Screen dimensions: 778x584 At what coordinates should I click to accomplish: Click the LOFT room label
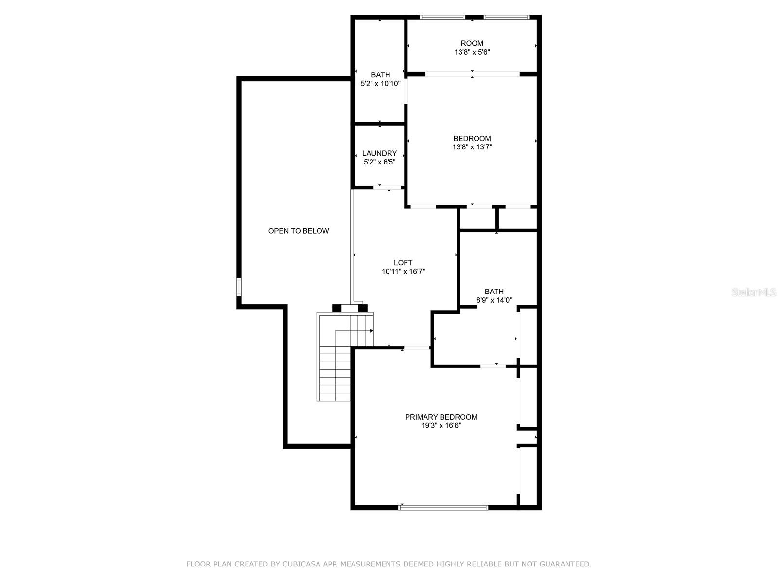[403, 263]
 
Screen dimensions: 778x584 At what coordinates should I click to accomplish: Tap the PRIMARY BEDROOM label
[441, 417]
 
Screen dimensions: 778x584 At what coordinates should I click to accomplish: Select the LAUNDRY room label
[379, 153]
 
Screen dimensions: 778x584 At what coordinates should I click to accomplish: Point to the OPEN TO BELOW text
[299, 231]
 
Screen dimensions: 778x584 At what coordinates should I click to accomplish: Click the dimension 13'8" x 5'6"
[472, 52]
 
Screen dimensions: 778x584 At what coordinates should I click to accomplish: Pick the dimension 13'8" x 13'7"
[472, 147]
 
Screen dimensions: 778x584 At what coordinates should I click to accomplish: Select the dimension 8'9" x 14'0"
[494, 300]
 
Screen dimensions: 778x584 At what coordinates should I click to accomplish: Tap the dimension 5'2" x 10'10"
[380, 83]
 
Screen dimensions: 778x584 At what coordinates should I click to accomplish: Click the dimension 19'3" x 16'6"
[441, 425]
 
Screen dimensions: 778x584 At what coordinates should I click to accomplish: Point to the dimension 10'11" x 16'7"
[403, 271]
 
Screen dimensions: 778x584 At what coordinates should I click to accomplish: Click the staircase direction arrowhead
[371, 331]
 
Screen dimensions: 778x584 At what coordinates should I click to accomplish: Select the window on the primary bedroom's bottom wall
[443, 508]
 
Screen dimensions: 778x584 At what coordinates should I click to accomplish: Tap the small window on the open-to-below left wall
[239, 287]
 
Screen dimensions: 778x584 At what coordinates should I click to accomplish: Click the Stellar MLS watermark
[754, 292]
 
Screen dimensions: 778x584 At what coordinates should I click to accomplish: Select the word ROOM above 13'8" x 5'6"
[472, 43]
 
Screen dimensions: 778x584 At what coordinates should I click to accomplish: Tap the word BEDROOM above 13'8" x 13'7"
[472, 138]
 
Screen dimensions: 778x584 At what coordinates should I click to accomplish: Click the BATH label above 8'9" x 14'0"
[494, 292]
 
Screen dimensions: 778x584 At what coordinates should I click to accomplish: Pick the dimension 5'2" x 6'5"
[379, 162]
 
